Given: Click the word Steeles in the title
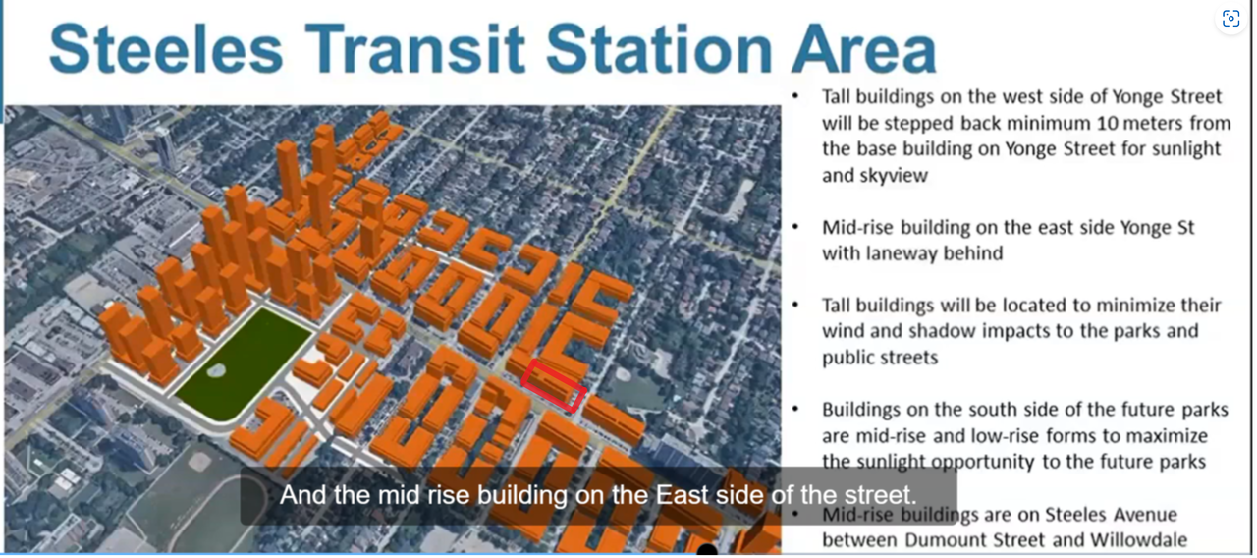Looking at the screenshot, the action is coord(166,49).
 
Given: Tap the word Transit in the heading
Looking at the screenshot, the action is coord(415,49).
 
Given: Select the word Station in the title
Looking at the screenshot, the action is coord(659,49).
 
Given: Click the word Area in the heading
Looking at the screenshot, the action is coord(864,49).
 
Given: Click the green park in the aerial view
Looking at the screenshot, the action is coord(245,364).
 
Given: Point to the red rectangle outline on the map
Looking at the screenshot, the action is coord(553,386).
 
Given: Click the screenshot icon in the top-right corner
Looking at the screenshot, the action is coord(1230,19).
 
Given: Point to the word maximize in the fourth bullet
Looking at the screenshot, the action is coord(1168,436).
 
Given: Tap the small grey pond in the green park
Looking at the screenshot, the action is coord(216,370).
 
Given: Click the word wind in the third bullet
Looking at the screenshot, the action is coord(843,331).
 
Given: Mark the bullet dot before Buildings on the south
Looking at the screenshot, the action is coord(795,408).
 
